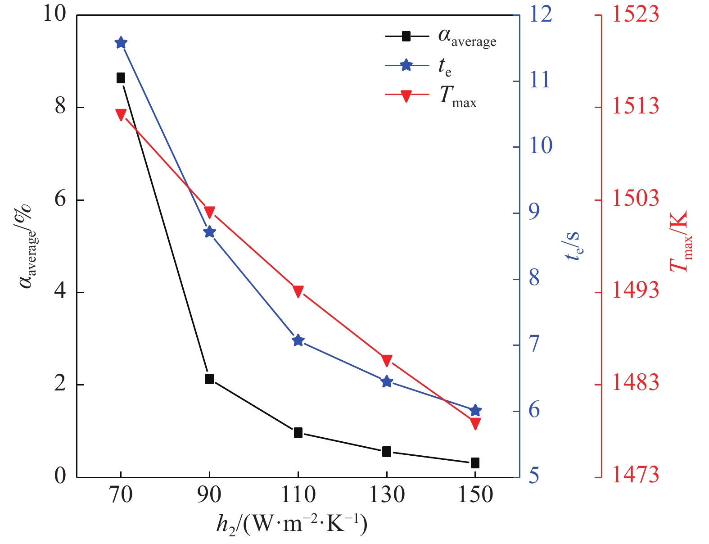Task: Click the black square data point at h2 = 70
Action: tap(121, 78)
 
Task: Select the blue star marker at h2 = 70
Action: tap(121, 43)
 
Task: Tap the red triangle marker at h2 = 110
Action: tap(298, 291)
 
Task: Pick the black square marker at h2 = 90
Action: tap(209, 379)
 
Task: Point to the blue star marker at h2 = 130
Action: tap(387, 382)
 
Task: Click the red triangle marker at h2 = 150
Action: tap(475, 423)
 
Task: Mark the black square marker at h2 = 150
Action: tap(475, 462)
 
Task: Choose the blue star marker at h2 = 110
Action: tap(298, 340)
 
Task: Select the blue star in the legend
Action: tap(406, 66)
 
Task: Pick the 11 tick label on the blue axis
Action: tap(539, 80)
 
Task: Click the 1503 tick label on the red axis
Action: tap(635, 199)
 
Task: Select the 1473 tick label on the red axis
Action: tap(635, 476)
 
